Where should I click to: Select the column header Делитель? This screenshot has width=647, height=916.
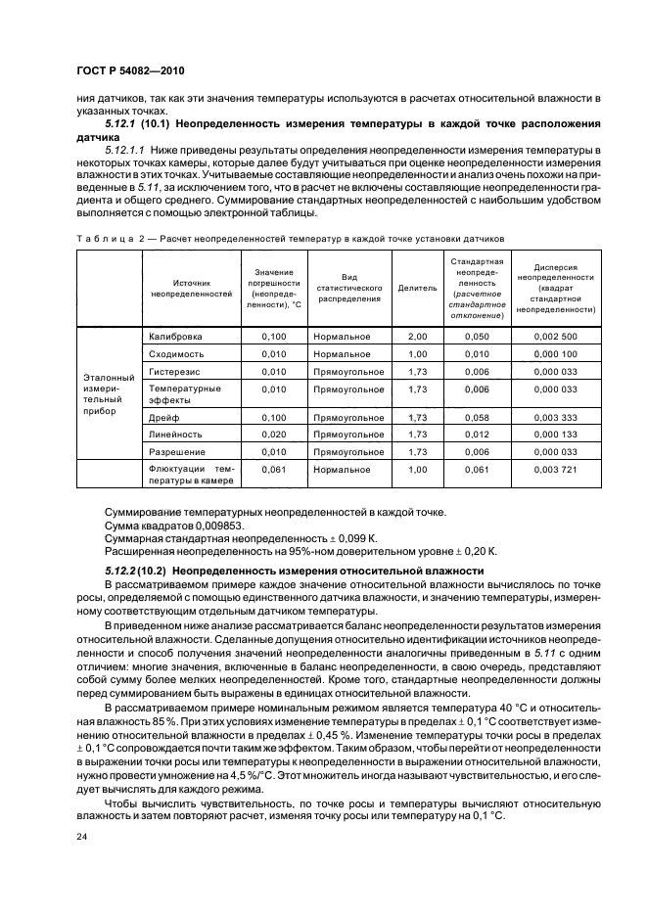(417, 289)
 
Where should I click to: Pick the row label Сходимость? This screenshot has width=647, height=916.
(176, 354)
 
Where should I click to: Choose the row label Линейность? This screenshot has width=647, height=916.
(175, 435)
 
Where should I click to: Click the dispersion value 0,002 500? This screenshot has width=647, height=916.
(559, 337)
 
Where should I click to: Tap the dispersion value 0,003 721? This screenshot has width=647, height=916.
(559, 470)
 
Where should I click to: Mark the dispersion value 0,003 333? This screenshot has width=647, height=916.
(559, 418)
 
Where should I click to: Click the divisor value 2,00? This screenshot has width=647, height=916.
(417, 337)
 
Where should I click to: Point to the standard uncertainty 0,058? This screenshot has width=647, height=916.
(476, 418)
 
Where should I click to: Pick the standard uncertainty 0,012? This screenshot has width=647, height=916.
(476, 435)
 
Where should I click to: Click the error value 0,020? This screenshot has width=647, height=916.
(274, 435)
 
